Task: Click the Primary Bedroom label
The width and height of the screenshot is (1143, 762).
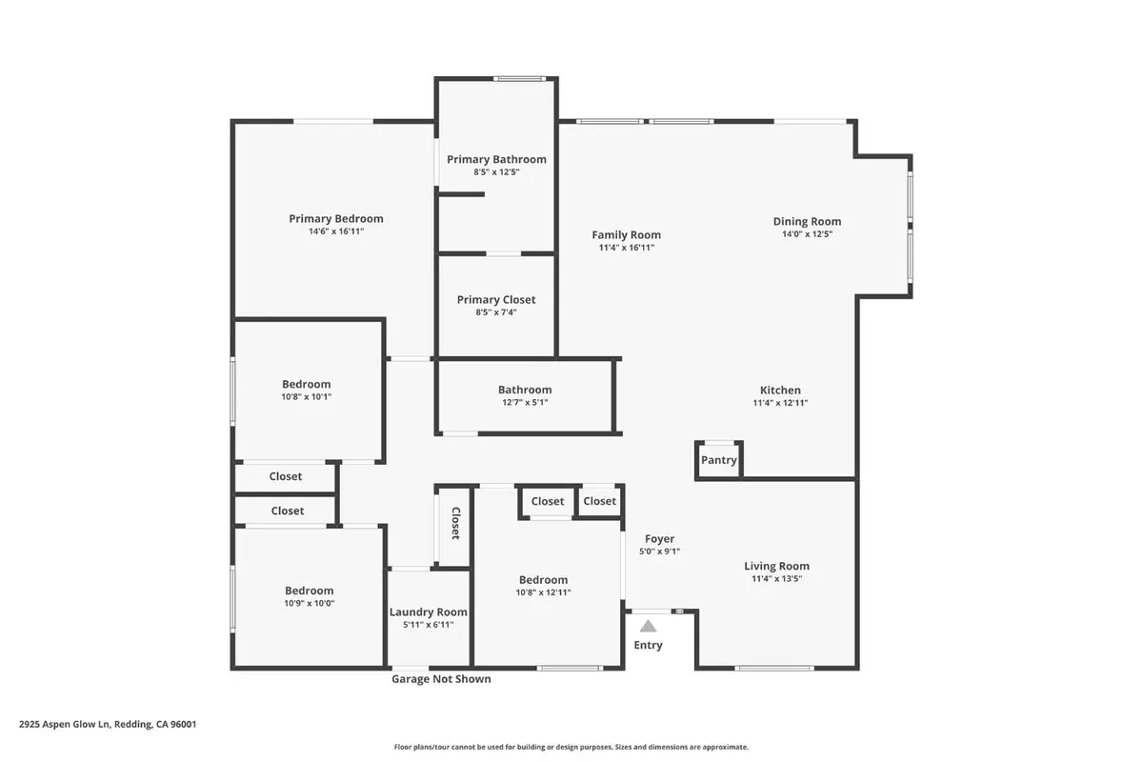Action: pos(336,219)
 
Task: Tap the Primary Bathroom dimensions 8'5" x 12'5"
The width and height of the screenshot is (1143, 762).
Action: pos(496,172)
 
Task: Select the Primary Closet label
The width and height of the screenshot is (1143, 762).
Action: pos(496,300)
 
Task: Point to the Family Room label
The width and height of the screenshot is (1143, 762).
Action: pos(626,235)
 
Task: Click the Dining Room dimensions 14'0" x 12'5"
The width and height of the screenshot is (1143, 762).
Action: pos(807,234)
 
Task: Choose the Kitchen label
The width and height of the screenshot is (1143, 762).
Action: pos(780,390)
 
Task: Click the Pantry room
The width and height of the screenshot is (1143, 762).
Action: pos(719,460)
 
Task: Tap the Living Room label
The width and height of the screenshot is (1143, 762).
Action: pos(776,566)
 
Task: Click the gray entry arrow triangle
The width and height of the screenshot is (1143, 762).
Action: pos(648,626)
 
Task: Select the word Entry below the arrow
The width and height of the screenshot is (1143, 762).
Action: pos(648,646)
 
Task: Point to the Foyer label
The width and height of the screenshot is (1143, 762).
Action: pos(659,539)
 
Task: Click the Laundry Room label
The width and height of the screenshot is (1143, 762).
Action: pos(429,612)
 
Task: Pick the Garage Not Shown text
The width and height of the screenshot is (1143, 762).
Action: pos(442,679)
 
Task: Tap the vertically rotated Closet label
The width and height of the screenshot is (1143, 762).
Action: pos(455,523)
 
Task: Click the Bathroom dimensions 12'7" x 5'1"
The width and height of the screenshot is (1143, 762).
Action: pos(525,403)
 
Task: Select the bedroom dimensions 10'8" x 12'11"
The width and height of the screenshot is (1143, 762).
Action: pos(543,592)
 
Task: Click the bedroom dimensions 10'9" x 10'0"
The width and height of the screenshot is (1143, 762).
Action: pos(309,603)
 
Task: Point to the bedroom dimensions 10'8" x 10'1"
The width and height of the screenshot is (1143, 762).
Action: pos(307,397)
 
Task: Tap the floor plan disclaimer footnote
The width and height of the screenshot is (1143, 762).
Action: pos(571,748)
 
